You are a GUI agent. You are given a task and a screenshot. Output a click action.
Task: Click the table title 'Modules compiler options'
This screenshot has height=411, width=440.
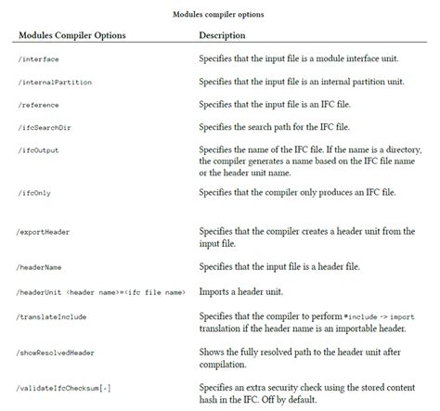(x=220, y=14)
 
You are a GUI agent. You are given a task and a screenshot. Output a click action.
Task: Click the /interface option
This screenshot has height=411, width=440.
(x=41, y=59)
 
